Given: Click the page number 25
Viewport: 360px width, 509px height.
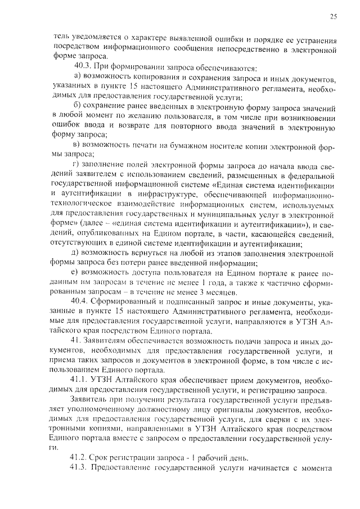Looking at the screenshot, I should [x=334, y=17].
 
